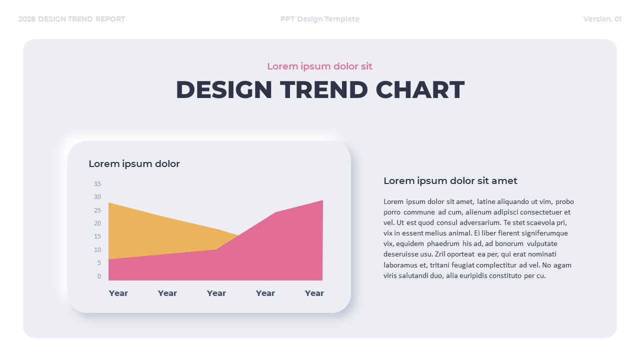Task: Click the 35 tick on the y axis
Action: click(97, 183)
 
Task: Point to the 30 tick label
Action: click(97, 197)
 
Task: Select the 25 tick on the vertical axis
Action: click(97, 210)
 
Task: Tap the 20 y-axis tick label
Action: click(97, 223)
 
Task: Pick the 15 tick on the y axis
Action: click(97, 236)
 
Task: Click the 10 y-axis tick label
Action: click(97, 249)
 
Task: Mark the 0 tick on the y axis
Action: click(99, 276)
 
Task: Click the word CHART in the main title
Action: click(420, 90)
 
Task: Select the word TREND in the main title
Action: click(323, 90)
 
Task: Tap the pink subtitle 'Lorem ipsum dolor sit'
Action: click(319, 66)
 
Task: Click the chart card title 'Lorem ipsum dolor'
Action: click(134, 164)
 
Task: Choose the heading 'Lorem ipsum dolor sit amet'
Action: click(450, 181)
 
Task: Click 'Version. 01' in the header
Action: click(602, 19)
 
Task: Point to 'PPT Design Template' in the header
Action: click(319, 19)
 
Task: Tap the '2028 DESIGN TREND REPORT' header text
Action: click(72, 19)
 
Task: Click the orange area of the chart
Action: click(150, 230)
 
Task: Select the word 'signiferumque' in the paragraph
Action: click(544, 233)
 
